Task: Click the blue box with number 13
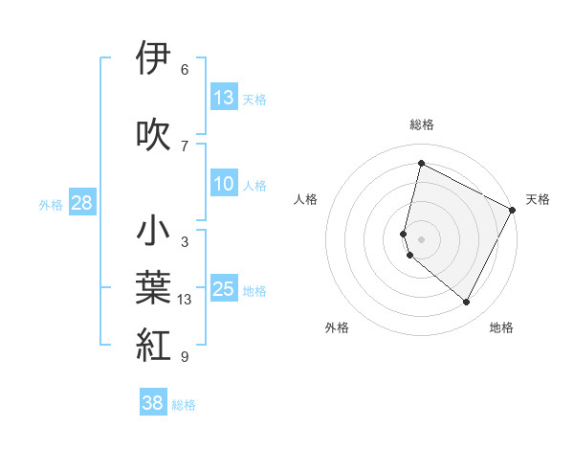224,98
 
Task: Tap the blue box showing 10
224,185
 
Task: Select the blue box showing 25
224,289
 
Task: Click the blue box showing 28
81,202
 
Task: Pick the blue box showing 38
153,403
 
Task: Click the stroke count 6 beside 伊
185,70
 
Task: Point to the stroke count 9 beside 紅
185,357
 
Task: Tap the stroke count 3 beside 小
185,242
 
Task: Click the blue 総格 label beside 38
184,405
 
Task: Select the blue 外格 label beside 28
51,204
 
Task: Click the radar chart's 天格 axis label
538,199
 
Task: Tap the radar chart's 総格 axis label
422,124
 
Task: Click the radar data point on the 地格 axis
467,303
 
